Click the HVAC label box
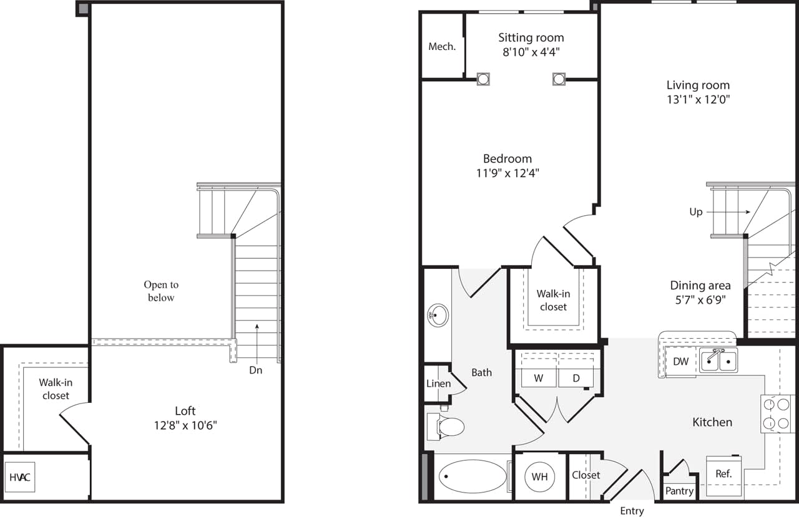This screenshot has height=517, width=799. pos(20,478)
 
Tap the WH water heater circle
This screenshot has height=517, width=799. pos(539,476)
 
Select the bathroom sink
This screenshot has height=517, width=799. pos(438,316)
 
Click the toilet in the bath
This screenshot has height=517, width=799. pos(448,427)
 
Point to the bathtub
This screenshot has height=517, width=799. pos(473,477)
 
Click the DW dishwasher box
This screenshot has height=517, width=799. pos(680,362)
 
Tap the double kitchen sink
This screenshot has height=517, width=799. pos(718,360)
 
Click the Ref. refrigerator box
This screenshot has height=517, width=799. pos(723,474)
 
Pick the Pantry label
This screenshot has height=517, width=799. pos(679,491)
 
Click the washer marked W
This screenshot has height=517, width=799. pos(538,377)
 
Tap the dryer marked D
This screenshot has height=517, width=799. pos(576,377)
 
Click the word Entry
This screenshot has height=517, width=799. pos(632,511)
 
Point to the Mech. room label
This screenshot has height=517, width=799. pos(442,47)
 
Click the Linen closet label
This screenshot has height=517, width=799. pos(438,384)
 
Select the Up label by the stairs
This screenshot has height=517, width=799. pos(696,212)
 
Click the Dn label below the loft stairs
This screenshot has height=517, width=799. pos(256,370)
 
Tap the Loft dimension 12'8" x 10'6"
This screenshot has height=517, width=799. pos(185,427)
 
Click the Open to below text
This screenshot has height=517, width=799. pos(161,291)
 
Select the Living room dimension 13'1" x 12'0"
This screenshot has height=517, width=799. pos(698,99)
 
